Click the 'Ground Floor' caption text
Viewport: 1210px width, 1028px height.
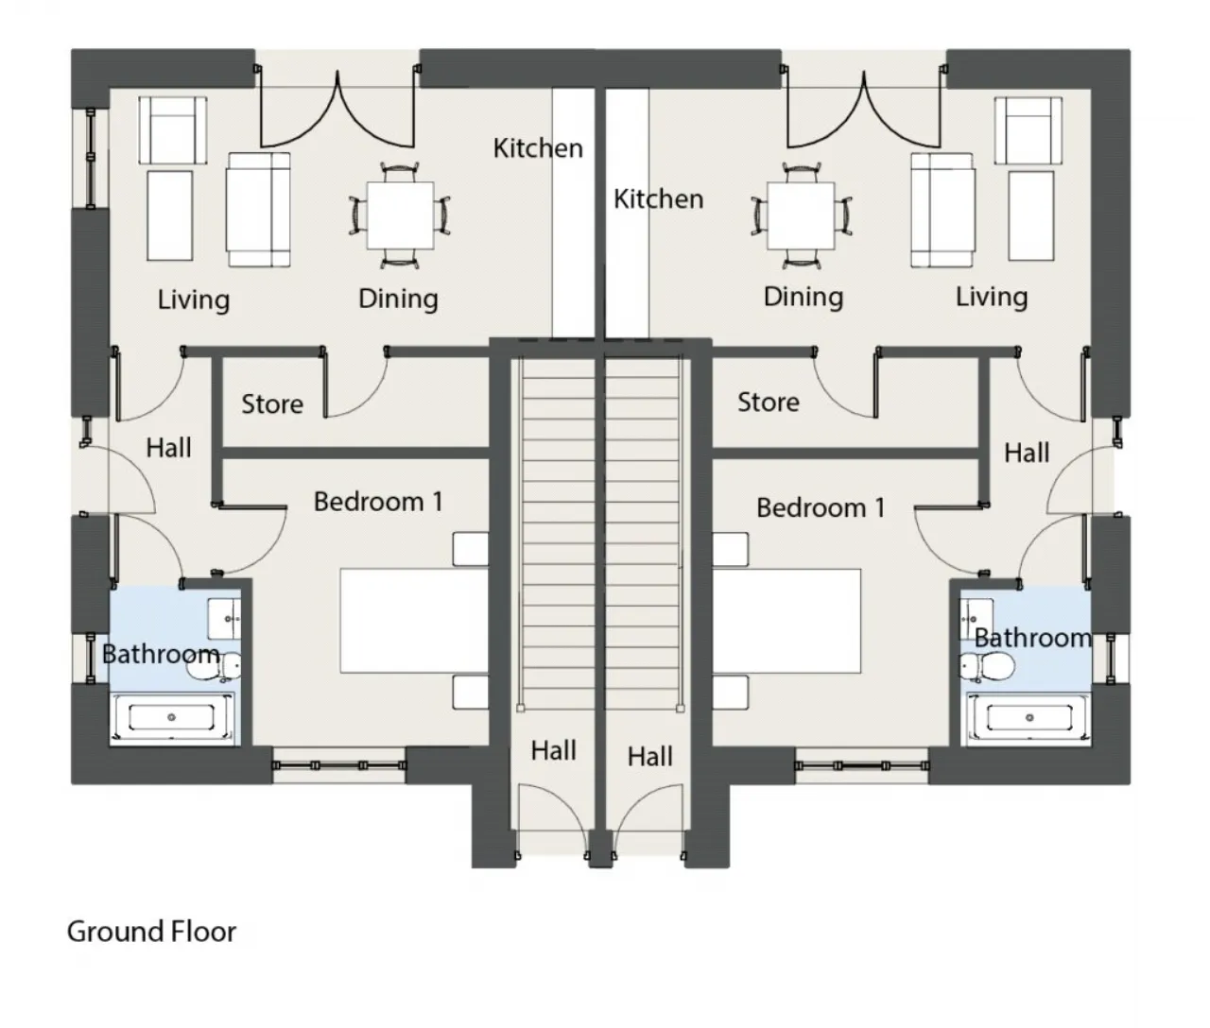pos(151,932)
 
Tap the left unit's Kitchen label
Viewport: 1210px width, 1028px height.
pos(538,148)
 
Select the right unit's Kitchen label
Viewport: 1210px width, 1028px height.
pos(658,199)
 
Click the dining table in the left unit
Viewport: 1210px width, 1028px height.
pos(400,215)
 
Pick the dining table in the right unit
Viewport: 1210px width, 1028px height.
pos(801,215)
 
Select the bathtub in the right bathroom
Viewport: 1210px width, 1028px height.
pos(1028,718)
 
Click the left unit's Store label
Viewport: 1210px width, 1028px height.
pos(272,404)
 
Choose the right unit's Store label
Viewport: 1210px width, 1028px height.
pos(768,403)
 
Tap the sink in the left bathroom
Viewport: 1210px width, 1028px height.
pos(224,618)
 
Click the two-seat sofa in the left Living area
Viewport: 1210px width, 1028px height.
pos(257,209)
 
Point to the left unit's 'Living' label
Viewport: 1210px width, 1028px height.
pos(194,300)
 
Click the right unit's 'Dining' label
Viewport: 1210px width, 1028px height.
pos(804,298)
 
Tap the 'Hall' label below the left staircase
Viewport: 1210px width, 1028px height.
pos(553,751)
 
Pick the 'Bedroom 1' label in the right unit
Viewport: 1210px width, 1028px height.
pos(821,508)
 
